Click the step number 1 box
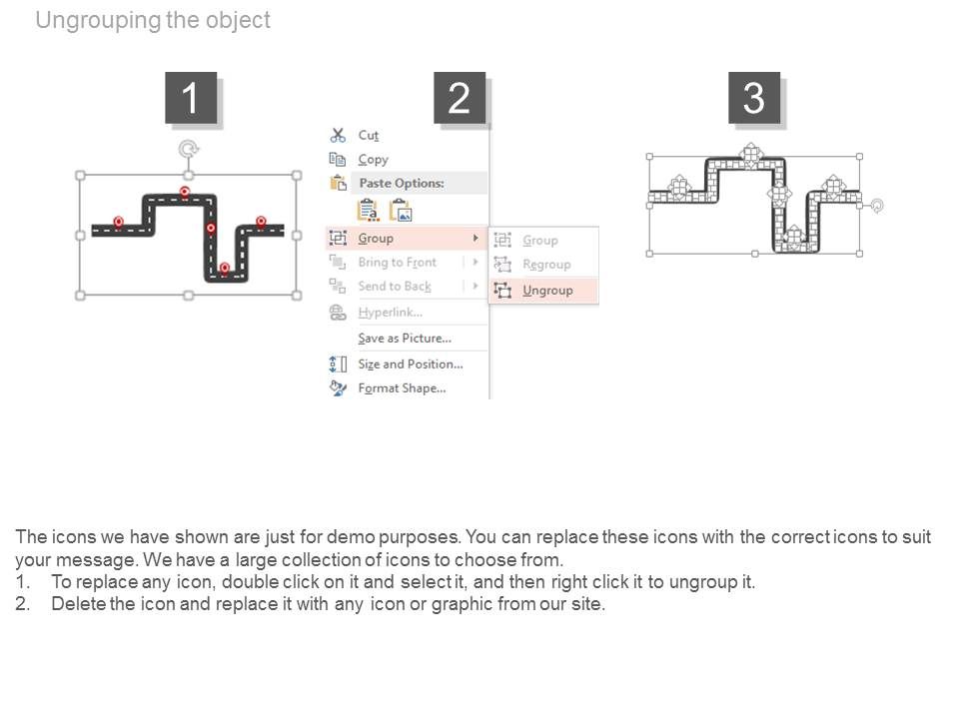point(190,98)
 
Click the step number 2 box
point(460,98)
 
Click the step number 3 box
point(754,98)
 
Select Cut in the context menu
point(368,135)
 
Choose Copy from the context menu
point(373,160)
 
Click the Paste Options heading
point(401,184)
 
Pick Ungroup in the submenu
point(547,291)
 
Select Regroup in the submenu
point(546,265)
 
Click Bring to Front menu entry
point(397,263)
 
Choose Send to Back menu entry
point(395,287)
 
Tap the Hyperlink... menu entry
point(391,313)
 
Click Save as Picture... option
point(404,339)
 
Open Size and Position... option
point(410,364)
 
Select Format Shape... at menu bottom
point(402,388)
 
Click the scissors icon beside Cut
point(338,135)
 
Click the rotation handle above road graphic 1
point(187,150)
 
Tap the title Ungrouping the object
point(152,20)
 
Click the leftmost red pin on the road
point(118,222)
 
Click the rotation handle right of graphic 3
point(877,206)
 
